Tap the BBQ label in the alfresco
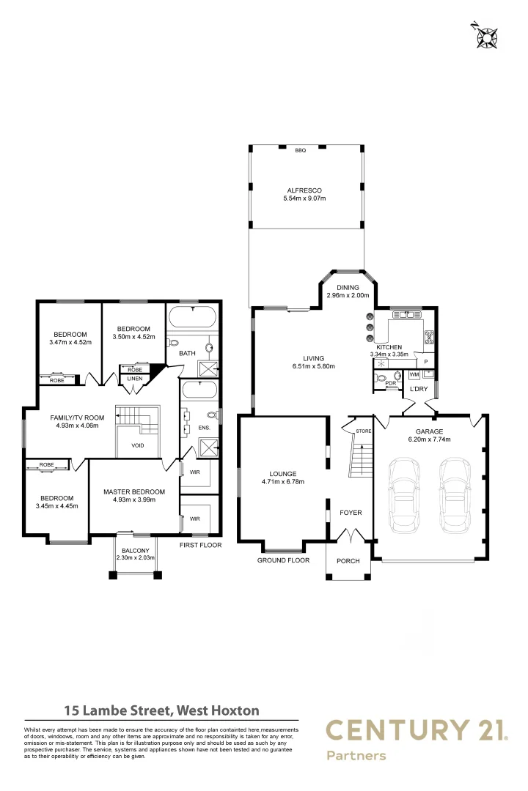click(300, 150)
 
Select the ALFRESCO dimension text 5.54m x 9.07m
click(304, 199)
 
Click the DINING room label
click(348, 288)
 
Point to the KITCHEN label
click(389, 346)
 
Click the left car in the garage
click(404, 494)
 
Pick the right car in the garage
click(455, 494)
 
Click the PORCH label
click(348, 561)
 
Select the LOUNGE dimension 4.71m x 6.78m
click(282, 482)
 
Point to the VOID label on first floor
click(138, 445)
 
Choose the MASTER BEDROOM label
click(134, 491)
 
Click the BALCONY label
click(135, 551)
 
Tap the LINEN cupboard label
click(134, 379)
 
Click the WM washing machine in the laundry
click(414, 374)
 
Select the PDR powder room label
click(391, 383)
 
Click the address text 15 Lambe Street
click(117, 710)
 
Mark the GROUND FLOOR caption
click(282, 560)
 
